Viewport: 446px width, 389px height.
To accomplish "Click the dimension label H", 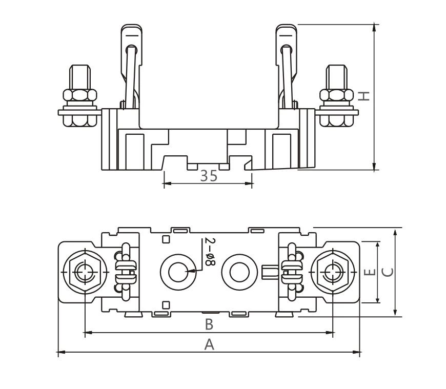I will pos(363,96).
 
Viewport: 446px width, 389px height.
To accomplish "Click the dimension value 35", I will pos(208,176).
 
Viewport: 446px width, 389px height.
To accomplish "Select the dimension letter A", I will pos(209,345).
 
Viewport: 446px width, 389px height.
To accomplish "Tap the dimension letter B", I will pos(209,324).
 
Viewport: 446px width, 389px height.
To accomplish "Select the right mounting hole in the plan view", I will pos(238,271).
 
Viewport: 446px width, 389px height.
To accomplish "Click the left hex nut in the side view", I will pos(79,95).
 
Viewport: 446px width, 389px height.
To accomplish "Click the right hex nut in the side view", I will pos(336,95).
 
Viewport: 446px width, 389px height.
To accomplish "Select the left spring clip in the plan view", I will pos(125,271).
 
